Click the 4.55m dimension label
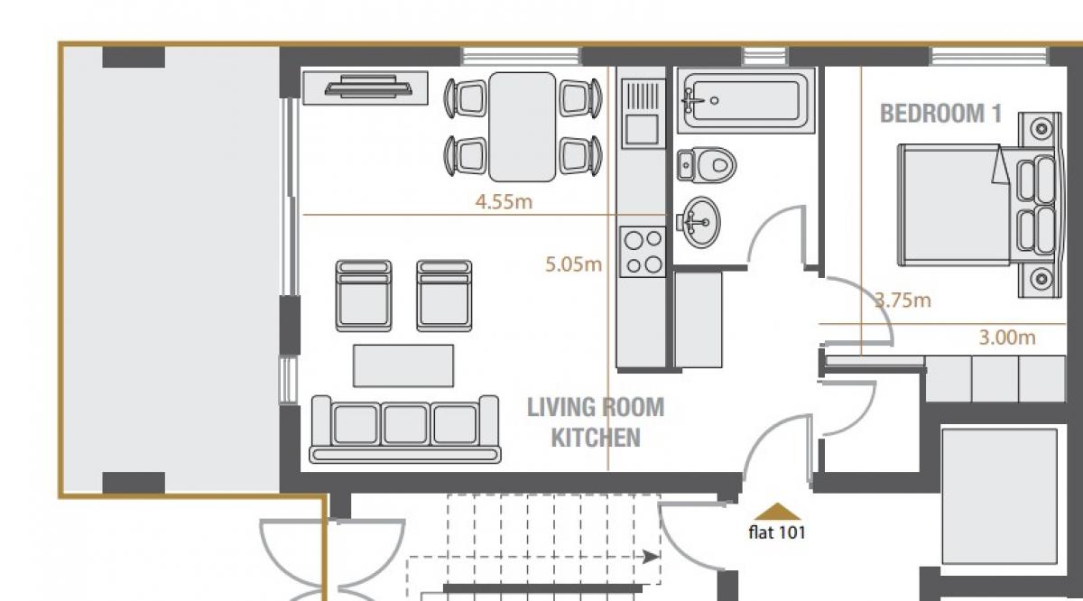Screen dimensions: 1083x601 coord(504,201)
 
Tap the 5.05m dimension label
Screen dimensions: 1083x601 coord(573,264)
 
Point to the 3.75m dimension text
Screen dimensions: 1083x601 coord(903,300)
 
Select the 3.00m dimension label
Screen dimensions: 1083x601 coord(1007,337)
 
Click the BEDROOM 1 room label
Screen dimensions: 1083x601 coord(940,114)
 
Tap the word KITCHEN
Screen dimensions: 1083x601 coord(596,438)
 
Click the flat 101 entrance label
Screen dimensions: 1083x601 coord(777,532)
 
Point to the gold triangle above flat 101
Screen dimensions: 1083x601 coord(777,512)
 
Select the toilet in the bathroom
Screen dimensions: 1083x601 coord(707,165)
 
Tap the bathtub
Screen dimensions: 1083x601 coord(746,100)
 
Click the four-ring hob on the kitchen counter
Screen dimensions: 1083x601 coord(643,252)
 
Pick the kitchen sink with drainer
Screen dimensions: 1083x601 coord(643,114)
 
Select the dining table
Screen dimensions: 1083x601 coord(523,126)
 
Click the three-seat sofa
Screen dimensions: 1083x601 coord(405,430)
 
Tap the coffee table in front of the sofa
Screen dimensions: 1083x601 coord(403,365)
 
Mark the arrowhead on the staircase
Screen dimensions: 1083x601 coord(652,557)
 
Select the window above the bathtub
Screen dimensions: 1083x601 coord(765,57)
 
